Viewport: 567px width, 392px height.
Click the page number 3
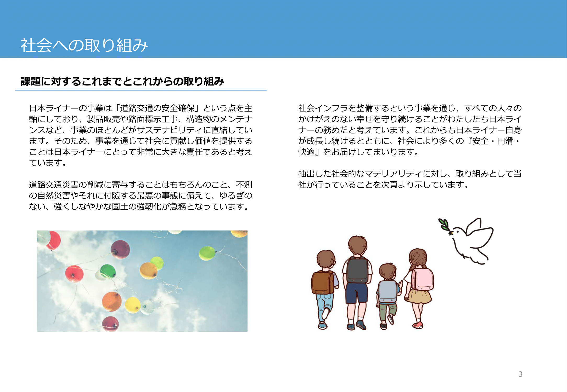click(520, 374)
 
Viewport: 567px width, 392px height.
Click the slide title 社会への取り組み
click(84, 45)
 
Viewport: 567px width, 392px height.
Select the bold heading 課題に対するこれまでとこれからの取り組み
click(122, 81)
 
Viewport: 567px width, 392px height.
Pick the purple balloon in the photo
click(120, 249)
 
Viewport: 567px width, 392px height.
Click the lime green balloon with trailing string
click(207, 253)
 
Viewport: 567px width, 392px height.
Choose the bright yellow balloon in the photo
click(133, 305)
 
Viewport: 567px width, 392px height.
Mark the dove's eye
click(458, 231)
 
